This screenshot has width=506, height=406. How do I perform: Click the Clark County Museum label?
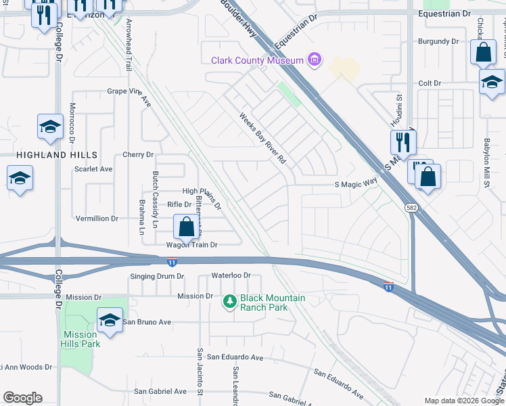[257, 61]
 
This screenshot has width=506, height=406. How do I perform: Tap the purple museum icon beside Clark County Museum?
[313, 61]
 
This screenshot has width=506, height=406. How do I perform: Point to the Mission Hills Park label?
[81, 339]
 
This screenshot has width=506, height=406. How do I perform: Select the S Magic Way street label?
[355, 183]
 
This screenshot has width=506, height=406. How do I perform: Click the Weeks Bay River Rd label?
[263, 139]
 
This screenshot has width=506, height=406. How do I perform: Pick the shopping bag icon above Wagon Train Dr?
[186, 227]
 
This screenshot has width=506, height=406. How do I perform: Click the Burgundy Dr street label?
[438, 42]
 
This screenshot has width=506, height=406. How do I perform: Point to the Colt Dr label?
[430, 83]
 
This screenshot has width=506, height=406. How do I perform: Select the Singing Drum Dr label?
[157, 277]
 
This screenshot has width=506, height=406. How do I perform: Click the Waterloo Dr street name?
[231, 276]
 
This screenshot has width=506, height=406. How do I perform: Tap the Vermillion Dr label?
[97, 219]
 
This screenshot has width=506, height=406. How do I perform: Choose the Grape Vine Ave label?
[129, 91]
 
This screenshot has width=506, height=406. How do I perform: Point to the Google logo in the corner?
[22, 398]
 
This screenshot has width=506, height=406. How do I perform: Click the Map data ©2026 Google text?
[463, 401]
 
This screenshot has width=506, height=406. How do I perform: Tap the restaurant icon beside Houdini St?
[402, 142]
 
